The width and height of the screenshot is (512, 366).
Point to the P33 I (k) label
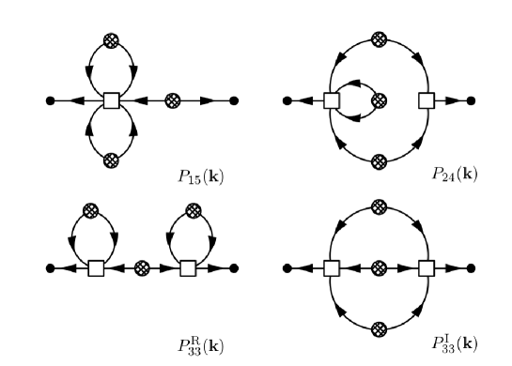click(x=450, y=342)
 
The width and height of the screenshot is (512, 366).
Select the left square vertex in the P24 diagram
click(x=331, y=99)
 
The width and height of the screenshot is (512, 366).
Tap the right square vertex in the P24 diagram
click(x=427, y=99)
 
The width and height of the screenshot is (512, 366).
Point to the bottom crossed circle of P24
click(x=379, y=160)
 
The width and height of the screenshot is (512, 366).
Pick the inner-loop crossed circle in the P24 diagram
click(x=379, y=99)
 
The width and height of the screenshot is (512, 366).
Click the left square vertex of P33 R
click(x=96, y=268)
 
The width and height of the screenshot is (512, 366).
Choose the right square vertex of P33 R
click(x=187, y=268)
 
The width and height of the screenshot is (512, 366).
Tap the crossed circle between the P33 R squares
click(x=142, y=268)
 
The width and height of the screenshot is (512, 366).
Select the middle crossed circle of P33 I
click(x=379, y=268)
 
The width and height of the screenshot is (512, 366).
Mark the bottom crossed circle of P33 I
click(x=379, y=328)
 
